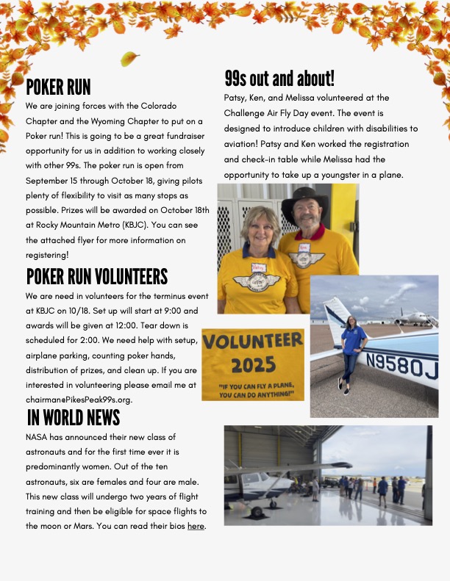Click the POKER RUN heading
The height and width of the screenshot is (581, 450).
(58, 87)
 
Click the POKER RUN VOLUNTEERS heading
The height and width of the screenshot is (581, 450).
(96, 277)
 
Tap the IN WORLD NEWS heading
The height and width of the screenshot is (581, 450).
(73, 418)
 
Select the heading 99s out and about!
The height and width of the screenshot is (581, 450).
(279, 79)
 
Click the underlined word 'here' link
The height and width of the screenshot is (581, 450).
(196, 527)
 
